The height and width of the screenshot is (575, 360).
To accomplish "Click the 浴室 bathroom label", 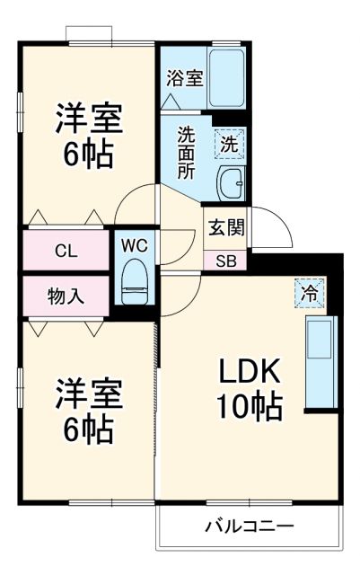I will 185,77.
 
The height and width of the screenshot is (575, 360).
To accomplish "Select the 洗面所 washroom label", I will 186,154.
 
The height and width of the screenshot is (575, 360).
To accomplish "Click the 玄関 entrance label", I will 225,227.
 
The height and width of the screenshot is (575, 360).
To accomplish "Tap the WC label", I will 135,245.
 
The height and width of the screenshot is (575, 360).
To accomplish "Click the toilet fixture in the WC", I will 135,280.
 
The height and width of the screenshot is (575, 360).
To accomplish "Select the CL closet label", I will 66,251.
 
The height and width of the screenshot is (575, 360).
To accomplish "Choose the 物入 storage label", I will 66,296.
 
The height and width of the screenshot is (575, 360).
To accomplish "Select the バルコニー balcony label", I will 249,525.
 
